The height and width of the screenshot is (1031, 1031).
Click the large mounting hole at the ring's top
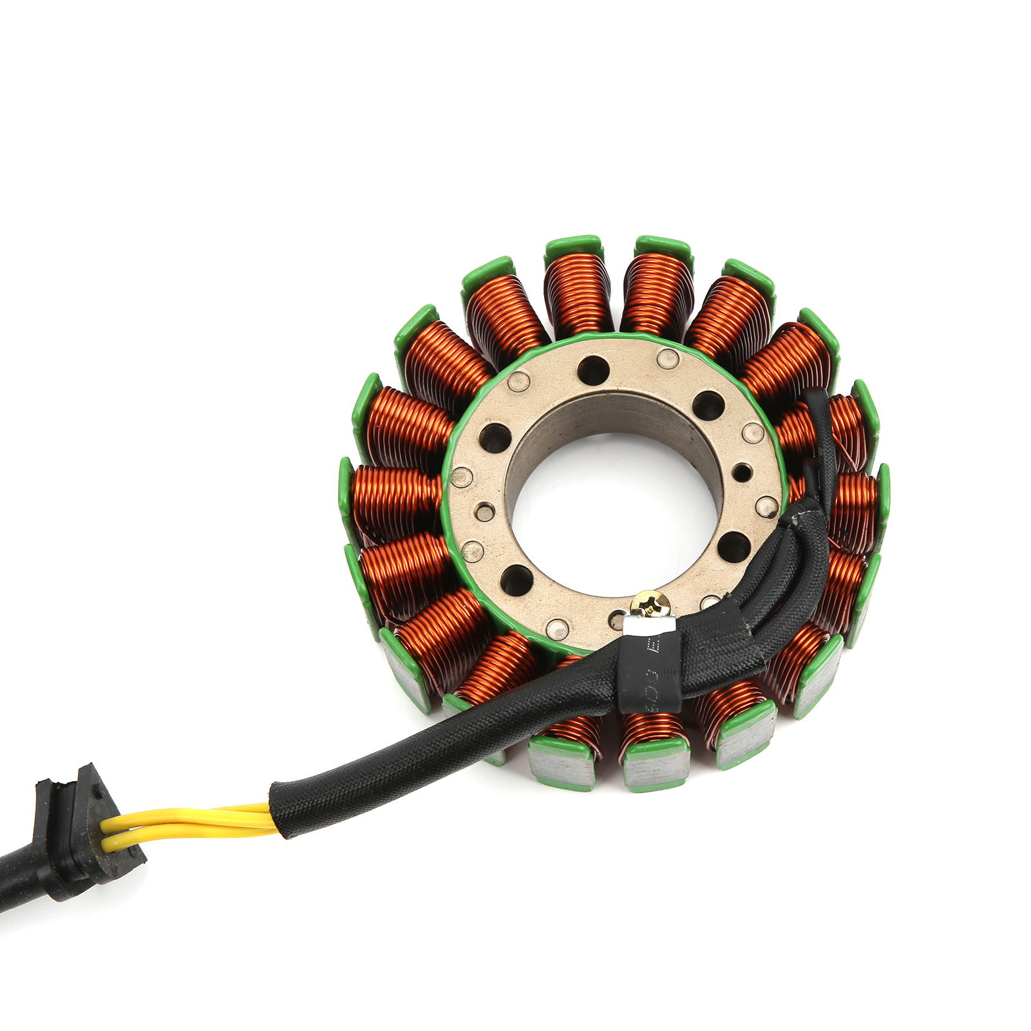593,370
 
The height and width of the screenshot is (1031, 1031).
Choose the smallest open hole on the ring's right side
742,472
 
